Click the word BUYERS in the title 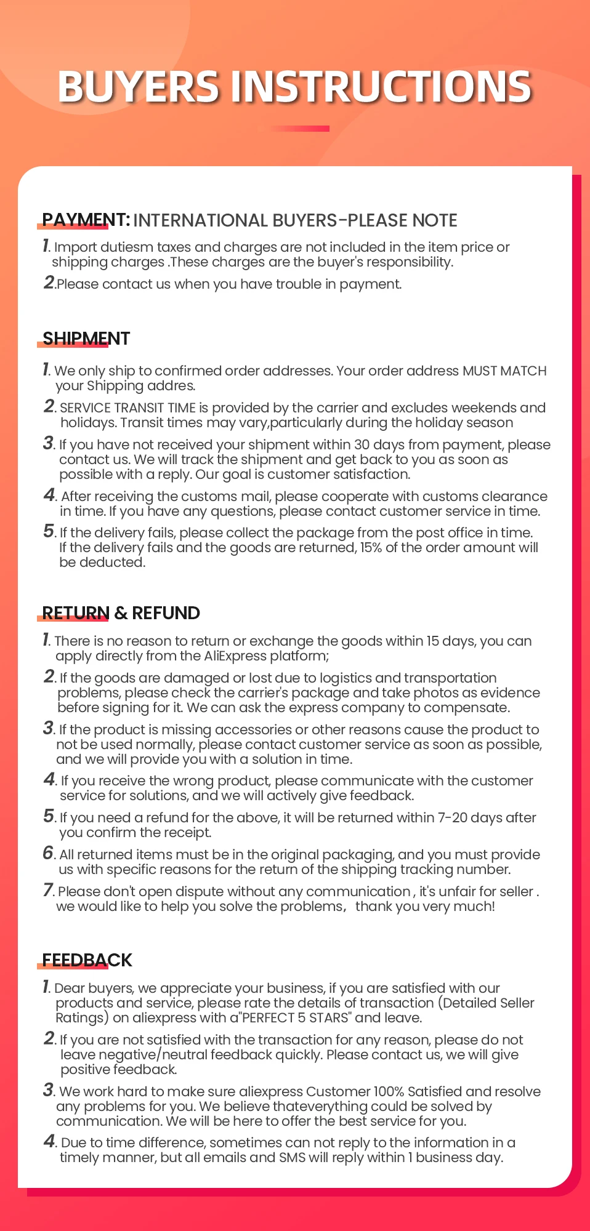pyautogui.click(x=138, y=86)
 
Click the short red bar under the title pyautogui.click(x=299, y=129)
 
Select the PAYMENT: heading pyautogui.click(x=86, y=220)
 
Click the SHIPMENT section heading pyautogui.click(x=86, y=339)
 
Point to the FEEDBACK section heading pyautogui.click(x=87, y=960)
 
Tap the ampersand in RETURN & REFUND pyautogui.click(x=121, y=613)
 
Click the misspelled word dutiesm pyautogui.click(x=126, y=247)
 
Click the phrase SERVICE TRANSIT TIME pyautogui.click(x=127, y=408)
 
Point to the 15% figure pyautogui.click(x=371, y=548)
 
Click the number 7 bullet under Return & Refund pyautogui.click(x=49, y=890)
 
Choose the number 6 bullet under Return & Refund pyautogui.click(x=49, y=853)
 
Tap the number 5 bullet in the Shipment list pyautogui.click(x=49, y=531)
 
